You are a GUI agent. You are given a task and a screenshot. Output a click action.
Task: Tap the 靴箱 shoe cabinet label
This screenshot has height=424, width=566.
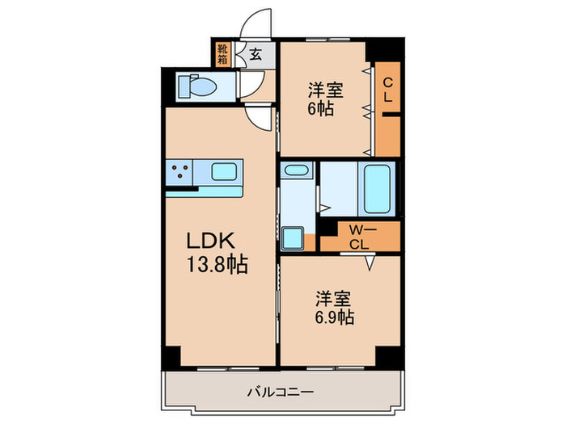coord(222,55)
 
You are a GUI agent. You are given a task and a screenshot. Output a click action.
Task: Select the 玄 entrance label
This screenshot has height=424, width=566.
coord(255,55)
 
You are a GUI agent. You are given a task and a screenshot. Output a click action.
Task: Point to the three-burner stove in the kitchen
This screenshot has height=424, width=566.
coord(181,171)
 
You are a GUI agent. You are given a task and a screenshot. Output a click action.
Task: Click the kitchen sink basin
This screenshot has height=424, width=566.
coord(224,171)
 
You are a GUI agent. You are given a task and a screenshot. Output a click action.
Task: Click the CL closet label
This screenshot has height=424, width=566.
coord(387,88)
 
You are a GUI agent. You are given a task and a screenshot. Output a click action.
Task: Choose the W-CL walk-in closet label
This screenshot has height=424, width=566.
coord(359,237)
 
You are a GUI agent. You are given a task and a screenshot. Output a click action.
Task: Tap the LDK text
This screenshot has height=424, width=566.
coord(211,241)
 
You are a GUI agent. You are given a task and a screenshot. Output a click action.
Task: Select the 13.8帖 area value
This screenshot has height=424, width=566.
coord(218,263)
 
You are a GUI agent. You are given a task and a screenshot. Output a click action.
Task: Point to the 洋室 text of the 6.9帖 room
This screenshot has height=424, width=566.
coord(332,298)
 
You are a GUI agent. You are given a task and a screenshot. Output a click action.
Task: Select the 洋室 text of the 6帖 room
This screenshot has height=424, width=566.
coord(323,90)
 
